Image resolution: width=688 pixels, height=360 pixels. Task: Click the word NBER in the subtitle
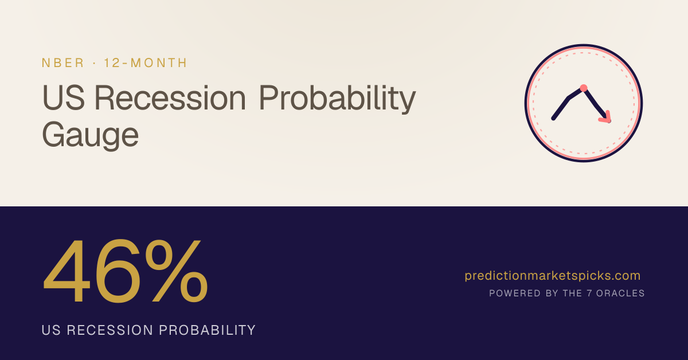(x=62, y=62)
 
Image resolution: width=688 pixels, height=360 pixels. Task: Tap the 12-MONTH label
(x=146, y=62)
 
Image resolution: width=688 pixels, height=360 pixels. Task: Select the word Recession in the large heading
(x=170, y=97)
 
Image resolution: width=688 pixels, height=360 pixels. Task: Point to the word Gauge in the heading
(x=91, y=135)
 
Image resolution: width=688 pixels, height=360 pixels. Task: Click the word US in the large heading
(x=63, y=97)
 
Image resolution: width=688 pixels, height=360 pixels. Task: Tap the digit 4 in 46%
(x=67, y=271)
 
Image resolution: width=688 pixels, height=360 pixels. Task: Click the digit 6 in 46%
(x=118, y=271)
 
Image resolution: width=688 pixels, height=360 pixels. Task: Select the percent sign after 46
(x=177, y=271)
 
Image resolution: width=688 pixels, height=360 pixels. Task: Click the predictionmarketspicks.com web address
(x=553, y=276)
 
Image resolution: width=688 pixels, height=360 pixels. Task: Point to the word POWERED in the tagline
(x=515, y=294)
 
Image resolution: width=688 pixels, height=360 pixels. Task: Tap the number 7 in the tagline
(x=589, y=294)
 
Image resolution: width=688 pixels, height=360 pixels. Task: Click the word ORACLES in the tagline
(x=620, y=294)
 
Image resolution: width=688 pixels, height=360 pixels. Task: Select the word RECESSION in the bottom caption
(x=110, y=330)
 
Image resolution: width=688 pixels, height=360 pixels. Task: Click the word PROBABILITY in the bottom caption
(x=208, y=330)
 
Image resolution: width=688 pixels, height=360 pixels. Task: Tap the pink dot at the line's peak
(x=584, y=88)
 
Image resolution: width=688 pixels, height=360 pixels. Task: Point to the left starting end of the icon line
(x=553, y=119)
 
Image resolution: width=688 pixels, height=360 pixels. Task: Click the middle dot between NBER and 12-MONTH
(x=94, y=63)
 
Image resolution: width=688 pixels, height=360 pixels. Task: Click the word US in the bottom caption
(x=51, y=330)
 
